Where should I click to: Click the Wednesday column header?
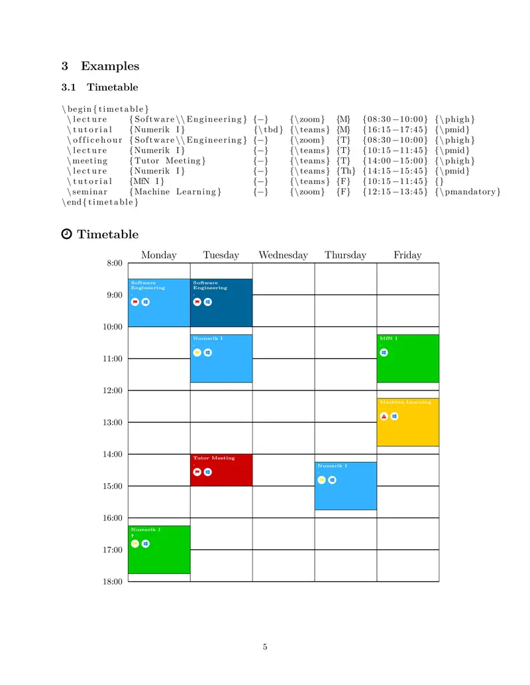tap(283, 255)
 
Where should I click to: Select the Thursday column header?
tap(345, 255)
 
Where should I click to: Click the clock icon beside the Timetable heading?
tap(66, 234)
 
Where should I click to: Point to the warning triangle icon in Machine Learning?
tap(384, 416)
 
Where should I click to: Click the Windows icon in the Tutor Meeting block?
tap(208, 472)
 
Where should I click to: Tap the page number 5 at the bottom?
tap(265, 647)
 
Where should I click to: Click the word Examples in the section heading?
tap(110, 66)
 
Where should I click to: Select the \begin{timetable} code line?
tap(105, 109)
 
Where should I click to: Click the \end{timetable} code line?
tap(100, 203)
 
